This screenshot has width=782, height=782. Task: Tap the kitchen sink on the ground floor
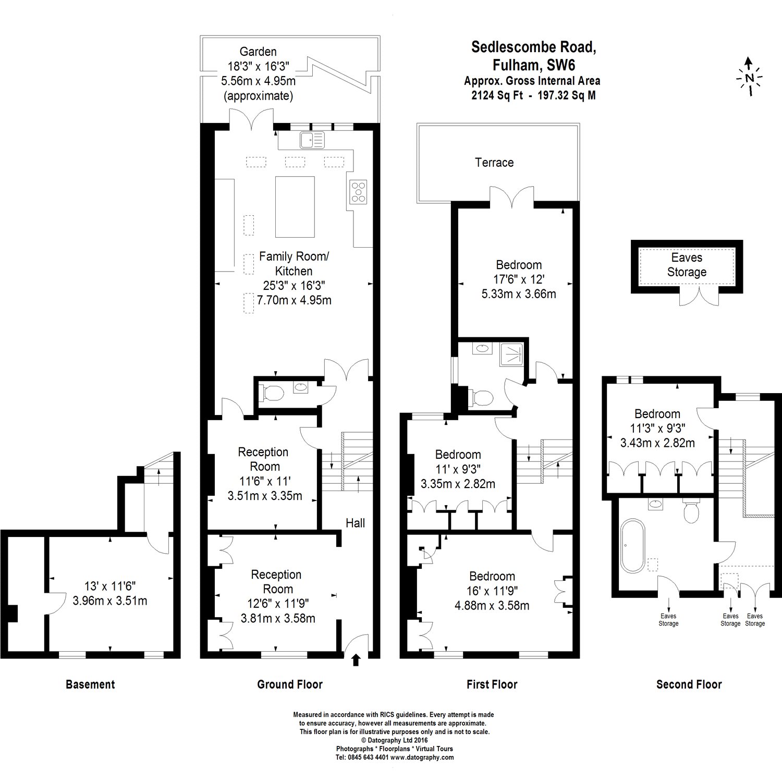tap(312, 139)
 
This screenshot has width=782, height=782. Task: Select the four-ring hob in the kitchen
tap(358, 191)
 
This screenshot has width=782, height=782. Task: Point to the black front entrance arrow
tap(356, 660)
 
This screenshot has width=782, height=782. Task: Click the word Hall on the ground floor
tap(355, 523)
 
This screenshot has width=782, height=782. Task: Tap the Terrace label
tap(494, 163)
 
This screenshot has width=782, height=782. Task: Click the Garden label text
tap(258, 52)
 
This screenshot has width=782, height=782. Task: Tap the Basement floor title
tap(90, 685)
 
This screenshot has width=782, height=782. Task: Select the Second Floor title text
tap(689, 685)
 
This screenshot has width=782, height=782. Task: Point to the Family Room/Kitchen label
tap(294, 264)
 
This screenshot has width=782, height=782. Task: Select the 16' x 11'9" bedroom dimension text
tap(492, 591)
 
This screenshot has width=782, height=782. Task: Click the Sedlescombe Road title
tap(533, 47)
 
